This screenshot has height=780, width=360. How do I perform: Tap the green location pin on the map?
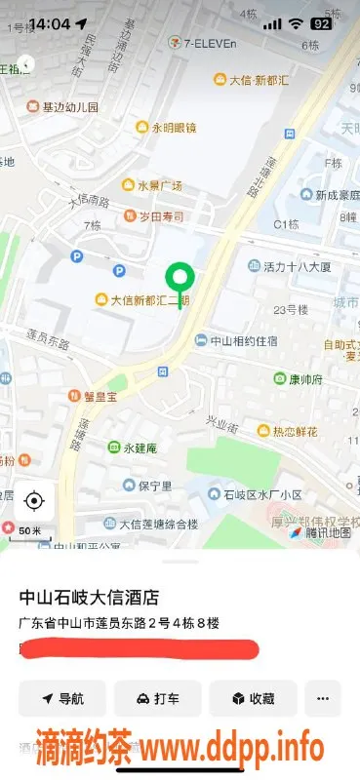tap(178, 278)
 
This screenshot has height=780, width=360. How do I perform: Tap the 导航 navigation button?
tap(61, 698)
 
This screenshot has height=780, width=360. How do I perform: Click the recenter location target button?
tap(34, 501)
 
